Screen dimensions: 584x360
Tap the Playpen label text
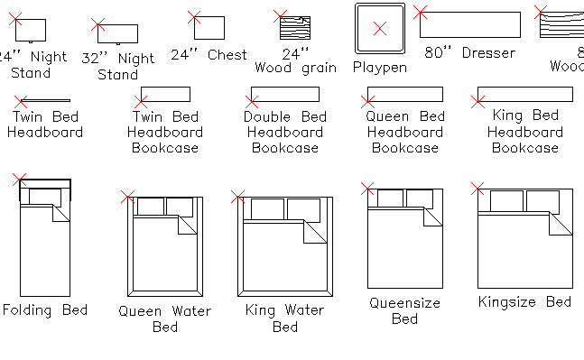(x=379, y=68)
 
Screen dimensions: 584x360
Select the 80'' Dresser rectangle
(x=469, y=24)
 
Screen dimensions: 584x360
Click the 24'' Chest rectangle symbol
(x=209, y=28)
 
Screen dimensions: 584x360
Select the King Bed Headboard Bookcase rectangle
(x=524, y=94)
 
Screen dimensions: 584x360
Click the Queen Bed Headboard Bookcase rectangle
(x=405, y=94)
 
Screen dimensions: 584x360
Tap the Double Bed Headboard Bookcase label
(x=285, y=133)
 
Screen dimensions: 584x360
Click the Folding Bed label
(x=45, y=310)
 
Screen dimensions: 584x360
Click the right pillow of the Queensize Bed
(x=420, y=198)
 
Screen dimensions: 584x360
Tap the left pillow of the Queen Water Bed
(x=149, y=207)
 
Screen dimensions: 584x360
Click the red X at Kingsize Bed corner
(x=478, y=189)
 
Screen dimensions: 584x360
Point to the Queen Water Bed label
(x=165, y=318)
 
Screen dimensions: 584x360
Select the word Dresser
(x=488, y=53)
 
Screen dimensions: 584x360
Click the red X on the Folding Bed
(x=20, y=180)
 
